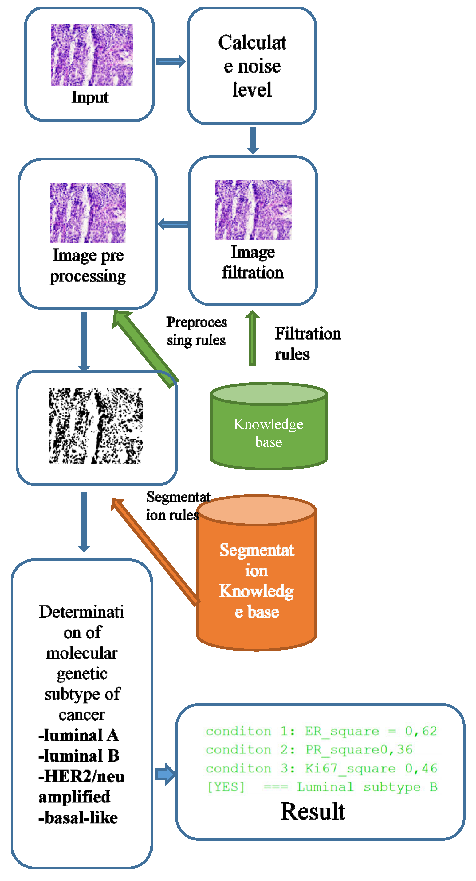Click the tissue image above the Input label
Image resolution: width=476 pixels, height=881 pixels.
coord(92,55)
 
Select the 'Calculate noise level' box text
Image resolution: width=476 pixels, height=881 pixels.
coord(252,66)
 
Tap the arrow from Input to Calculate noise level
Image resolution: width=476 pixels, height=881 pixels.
coord(171,62)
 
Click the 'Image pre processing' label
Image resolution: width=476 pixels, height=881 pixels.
coord(88,265)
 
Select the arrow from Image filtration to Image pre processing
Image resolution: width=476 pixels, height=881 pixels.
coord(173,224)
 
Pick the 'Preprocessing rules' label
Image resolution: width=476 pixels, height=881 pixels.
coord(196,331)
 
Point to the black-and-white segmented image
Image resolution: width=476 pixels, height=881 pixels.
coord(96,426)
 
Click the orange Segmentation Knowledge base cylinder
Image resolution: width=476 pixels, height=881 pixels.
coord(256,582)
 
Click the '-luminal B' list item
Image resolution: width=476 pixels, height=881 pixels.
coord(78,755)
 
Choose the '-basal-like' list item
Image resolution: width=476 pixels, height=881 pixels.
coord(78,817)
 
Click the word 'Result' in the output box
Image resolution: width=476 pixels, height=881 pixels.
coord(312,811)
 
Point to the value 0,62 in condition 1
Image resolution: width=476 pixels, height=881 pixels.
coord(421,731)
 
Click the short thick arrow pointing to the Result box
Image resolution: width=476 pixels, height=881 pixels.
coord(165,774)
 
